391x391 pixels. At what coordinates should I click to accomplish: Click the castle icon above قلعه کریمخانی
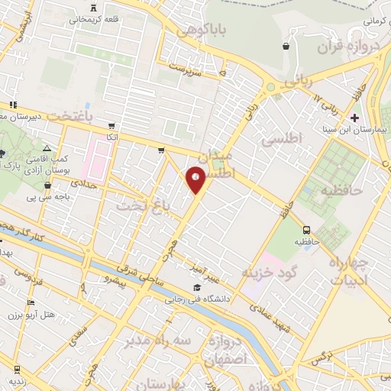(94, 7)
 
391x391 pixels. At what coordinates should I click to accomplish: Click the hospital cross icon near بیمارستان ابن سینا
(354, 117)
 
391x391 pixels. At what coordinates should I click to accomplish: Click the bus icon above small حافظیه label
(306, 229)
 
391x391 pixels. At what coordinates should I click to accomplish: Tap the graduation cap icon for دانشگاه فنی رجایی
(197, 288)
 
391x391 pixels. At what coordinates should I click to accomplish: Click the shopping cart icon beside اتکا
(112, 125)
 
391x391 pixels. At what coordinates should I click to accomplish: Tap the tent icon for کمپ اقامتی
(47, 149)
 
